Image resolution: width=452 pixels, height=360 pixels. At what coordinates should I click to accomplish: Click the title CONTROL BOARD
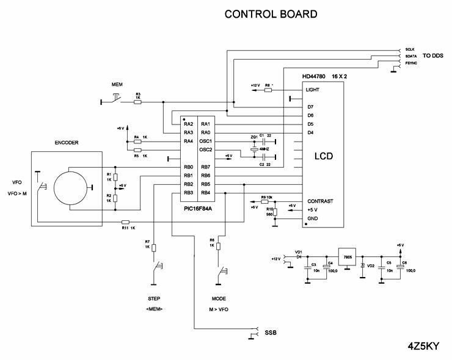[271, 13]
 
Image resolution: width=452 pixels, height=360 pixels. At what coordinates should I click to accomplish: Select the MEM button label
[117, 83]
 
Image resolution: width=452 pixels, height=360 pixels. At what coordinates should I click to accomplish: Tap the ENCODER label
[67, 143]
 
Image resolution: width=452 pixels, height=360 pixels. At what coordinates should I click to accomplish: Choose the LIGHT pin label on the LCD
[313, 90]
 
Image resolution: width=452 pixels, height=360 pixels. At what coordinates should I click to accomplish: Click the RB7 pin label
[206, 167]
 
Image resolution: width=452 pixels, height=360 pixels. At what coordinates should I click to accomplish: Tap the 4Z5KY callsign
[424, 345]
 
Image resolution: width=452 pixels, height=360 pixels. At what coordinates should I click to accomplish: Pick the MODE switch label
[219, 300]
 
